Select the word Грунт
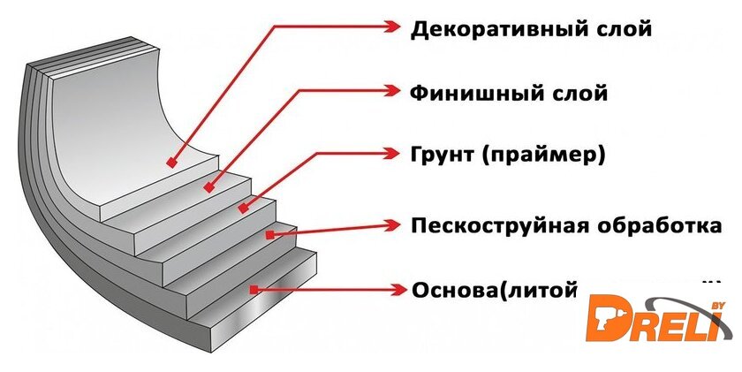tap(441, 156)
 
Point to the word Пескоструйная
tap(500, 224)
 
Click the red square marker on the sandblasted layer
tap(269, 234)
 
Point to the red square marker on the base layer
tap(253, 289)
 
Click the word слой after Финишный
tap(579, 92)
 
